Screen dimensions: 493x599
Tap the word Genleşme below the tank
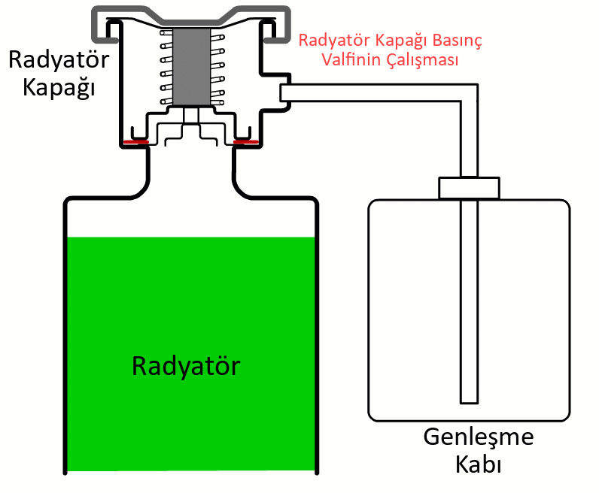click(479, 437)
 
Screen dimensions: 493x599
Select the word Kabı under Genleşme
click(479, 464)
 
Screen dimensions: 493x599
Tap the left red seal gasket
click(136, 141)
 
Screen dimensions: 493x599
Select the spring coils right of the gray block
click(219, 67)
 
